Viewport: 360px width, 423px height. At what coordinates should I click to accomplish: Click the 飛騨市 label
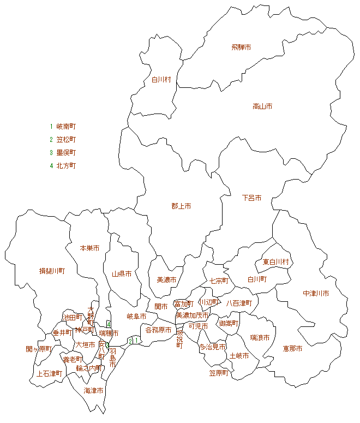[241, 47]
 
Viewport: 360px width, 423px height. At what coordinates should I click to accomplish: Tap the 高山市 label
[262, 106]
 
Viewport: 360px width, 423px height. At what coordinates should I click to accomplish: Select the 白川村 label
[161, 80]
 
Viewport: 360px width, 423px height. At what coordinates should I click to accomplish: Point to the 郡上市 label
[181, 206]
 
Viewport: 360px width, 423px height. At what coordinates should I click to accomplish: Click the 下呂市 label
[251, 198]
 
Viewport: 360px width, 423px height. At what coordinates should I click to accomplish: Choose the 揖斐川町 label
[52, 271]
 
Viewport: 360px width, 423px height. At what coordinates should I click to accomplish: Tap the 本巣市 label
[89, 248]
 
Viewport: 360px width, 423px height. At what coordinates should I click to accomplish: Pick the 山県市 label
[122, 274]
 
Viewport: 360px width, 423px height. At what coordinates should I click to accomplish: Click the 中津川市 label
[316, 294]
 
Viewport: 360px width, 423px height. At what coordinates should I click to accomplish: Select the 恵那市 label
[292, 348]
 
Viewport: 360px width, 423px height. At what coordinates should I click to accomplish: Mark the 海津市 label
[93, 391]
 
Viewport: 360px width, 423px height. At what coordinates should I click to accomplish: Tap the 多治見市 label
[212, 347]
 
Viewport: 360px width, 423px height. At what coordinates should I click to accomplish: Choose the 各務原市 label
[159, 330]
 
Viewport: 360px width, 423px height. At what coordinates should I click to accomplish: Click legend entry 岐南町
[66, 126]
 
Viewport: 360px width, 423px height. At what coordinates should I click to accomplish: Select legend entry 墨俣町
[66, 153]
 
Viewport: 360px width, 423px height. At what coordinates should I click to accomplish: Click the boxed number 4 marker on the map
[109, 324]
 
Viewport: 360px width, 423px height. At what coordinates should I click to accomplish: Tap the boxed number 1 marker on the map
[136, 341]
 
